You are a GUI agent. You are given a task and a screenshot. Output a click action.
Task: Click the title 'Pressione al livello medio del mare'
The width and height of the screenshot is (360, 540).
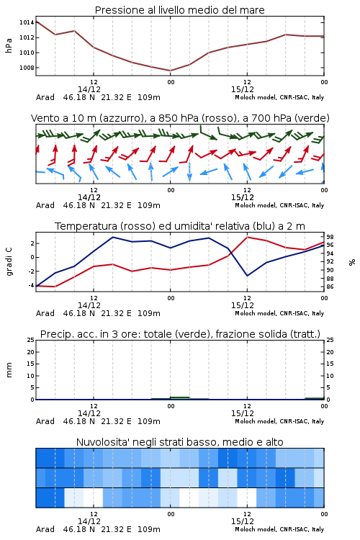(179, 10)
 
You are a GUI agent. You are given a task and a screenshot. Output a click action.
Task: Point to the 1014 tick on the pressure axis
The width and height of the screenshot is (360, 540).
(27, 22)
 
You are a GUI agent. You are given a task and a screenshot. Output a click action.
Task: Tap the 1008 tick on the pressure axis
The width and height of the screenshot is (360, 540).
(27, 68)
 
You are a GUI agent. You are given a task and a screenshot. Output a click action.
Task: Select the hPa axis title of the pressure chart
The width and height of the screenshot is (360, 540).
(9, 45)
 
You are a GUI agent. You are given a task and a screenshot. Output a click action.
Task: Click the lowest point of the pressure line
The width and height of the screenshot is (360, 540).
(170, 71)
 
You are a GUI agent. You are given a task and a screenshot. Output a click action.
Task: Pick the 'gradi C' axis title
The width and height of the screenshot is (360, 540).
(9, 261)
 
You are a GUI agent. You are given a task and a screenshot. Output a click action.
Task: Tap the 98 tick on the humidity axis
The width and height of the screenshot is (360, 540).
(330, 237)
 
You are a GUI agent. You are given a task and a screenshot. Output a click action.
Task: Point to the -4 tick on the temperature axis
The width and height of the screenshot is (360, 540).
(31, 286)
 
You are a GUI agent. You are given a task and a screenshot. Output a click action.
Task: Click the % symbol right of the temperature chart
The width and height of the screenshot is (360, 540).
(352, 262)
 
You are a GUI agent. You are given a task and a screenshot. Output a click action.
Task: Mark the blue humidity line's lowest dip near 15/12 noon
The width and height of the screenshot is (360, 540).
(247, 276)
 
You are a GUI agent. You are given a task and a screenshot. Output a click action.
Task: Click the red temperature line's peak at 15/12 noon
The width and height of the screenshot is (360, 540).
(247, 237)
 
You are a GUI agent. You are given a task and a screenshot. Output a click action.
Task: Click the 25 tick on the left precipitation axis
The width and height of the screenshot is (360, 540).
(31, 340)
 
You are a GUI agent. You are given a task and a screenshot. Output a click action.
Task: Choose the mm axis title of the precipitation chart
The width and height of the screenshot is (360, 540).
(9, 370)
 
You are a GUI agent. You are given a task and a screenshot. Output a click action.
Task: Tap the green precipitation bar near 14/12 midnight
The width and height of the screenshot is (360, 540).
(180, 398)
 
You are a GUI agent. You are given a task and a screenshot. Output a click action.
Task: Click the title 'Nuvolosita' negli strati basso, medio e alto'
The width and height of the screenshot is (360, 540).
(179, 442)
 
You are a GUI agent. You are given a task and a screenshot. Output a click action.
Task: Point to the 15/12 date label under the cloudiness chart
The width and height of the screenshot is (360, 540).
(242, 521)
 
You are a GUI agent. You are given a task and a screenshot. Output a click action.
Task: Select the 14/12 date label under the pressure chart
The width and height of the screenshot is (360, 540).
(89, 89)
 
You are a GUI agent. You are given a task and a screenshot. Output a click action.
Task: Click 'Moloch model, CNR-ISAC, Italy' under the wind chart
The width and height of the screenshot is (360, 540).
(279, 205)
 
